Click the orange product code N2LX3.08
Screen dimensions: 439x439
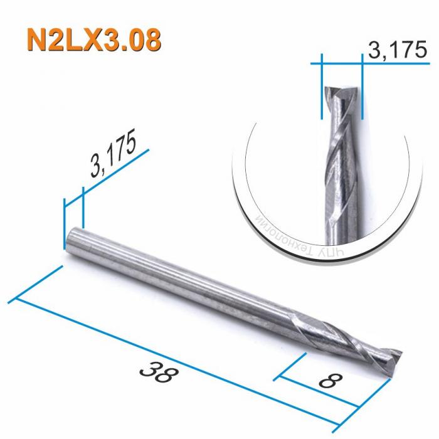[x=93, y=39]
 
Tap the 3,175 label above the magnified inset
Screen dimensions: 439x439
[x=393, y=50]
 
